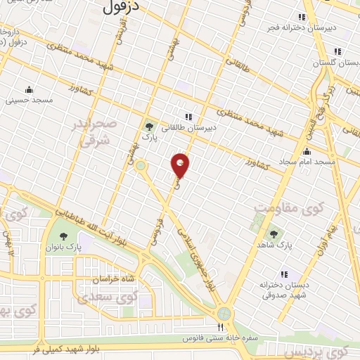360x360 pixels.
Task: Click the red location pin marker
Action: [x=181, y=165]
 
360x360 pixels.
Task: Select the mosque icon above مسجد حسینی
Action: [x=29, y=90]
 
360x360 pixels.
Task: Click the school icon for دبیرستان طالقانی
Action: [x=188, y=117]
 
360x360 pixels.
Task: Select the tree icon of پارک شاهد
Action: [x=274, y=233]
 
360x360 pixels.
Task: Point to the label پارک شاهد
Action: [x=274, y=245]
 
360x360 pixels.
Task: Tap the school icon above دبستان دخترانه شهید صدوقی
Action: [x=284, y=274]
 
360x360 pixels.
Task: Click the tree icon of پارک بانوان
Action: [x=63, y=236]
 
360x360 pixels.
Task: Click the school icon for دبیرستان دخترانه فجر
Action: [x=302, y=17]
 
